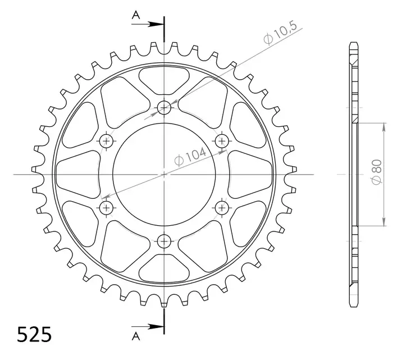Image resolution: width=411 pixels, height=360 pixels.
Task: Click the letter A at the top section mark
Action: coord(135,17)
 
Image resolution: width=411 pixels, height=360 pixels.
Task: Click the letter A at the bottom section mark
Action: coord(135,336)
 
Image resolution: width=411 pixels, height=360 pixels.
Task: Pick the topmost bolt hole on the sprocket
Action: coord(164,107)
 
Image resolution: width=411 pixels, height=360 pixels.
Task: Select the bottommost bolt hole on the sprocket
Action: coord(164,241)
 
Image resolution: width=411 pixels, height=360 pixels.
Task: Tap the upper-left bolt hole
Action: coord(106,140)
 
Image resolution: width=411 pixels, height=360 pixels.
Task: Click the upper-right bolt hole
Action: coord(222,140)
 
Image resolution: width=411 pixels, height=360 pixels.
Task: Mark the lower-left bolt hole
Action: coord(106,208)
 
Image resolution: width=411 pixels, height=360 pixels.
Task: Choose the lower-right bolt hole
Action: coord(222,208)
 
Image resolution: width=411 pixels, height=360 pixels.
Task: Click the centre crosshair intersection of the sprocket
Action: coord(164,174)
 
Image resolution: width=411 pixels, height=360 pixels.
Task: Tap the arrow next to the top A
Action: coord(154,24)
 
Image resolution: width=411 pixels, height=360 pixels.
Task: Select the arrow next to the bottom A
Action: coord(154,326)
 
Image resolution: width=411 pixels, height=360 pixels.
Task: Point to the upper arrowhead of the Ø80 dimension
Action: coord(383,126)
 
